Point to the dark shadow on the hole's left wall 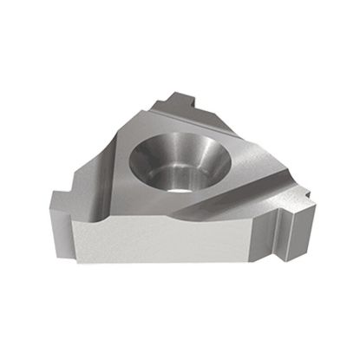coord(143,156)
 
